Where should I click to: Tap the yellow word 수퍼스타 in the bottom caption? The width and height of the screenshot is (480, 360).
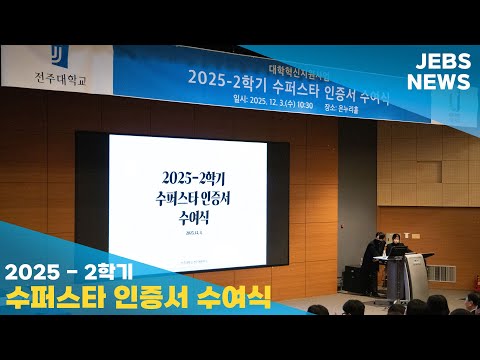(x=52, y=297)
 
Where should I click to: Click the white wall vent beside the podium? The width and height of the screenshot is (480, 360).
(x=443, y=273)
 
